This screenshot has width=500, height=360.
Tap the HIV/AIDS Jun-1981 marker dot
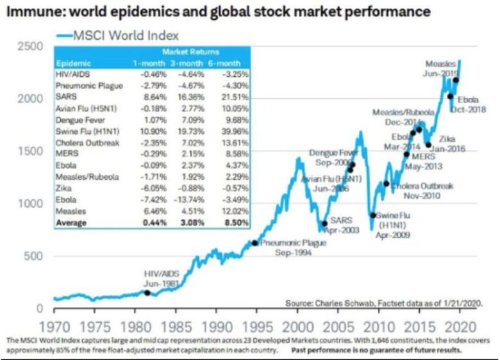point(147,293)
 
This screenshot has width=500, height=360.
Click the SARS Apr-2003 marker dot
point(324,224)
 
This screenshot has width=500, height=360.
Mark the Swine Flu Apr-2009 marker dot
point(373,215)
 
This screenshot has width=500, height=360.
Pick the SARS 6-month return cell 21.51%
point(234,97)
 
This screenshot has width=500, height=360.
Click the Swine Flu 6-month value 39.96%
point(234,130)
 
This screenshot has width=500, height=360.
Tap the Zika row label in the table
point(65,188)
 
